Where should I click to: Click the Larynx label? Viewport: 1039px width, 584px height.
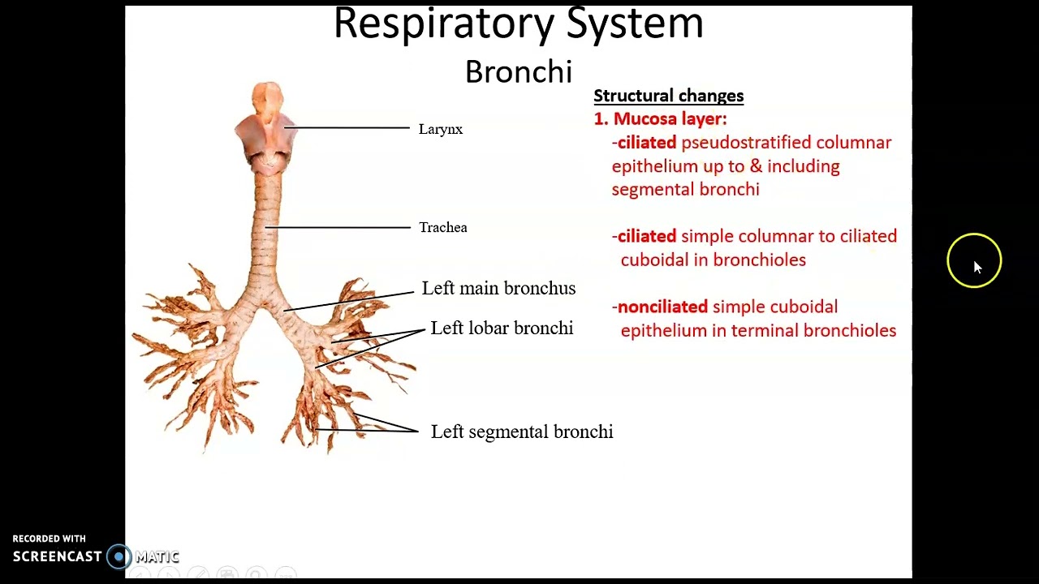(440, 129)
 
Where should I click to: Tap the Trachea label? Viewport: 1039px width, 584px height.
(442, 228)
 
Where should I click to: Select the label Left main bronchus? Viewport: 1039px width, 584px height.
(498, 289)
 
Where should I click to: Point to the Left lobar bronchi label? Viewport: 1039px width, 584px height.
(502, 328)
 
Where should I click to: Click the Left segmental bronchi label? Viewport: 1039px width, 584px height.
(521, 432)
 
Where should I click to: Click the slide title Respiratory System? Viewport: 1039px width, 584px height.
(518, 23)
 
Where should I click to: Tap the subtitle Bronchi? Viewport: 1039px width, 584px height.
(518, 72)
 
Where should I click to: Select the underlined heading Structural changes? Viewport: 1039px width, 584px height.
(668, 96)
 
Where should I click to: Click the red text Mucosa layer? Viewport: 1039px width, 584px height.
(670, 119)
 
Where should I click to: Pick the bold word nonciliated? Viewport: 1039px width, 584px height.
(662, 307)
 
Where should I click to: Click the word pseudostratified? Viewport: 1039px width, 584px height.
(746, 143)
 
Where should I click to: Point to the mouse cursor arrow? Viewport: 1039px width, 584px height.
(976, 267)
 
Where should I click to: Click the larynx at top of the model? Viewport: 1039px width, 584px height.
(266, 130)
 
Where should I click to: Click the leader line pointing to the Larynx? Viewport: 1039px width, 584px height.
(349, 128)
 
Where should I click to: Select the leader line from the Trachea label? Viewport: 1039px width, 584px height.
(341, 228)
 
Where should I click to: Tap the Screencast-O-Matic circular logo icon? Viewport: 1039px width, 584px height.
(119, 557)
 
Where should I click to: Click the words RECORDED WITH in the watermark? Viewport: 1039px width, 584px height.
(49, 539)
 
